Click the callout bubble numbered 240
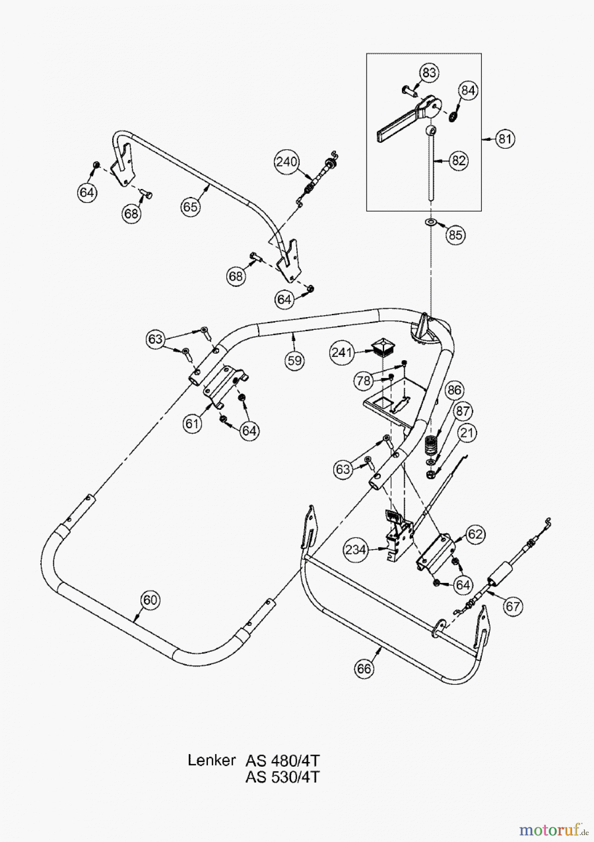286,162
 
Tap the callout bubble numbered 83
429,73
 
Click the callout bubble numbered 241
342,353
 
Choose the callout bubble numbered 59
295,361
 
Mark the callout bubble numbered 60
150,600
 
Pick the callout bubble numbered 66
364,668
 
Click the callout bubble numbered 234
356,550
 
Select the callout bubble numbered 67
513,606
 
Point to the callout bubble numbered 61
192,424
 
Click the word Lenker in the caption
211,761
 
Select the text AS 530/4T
282,777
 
